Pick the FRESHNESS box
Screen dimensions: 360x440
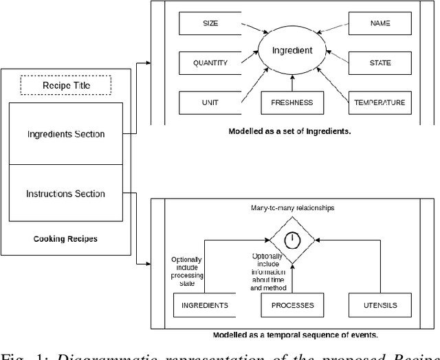pos(291,102)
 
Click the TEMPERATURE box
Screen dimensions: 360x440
pos(379,102)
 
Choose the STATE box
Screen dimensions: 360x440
pos(379,63)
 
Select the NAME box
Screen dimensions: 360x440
pos(379,24)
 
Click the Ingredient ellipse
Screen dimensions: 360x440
pos(291,50)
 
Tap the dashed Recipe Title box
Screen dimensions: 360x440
pos(66,85)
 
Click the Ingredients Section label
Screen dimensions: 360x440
pos(66,134)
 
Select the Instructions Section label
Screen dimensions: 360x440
pos(66,194)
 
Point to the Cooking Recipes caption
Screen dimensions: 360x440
pos(66,239)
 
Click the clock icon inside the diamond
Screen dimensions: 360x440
pos(291,239)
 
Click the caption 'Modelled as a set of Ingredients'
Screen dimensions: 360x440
pos(289,130)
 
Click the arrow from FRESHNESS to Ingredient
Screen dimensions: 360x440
pos(291,82)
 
